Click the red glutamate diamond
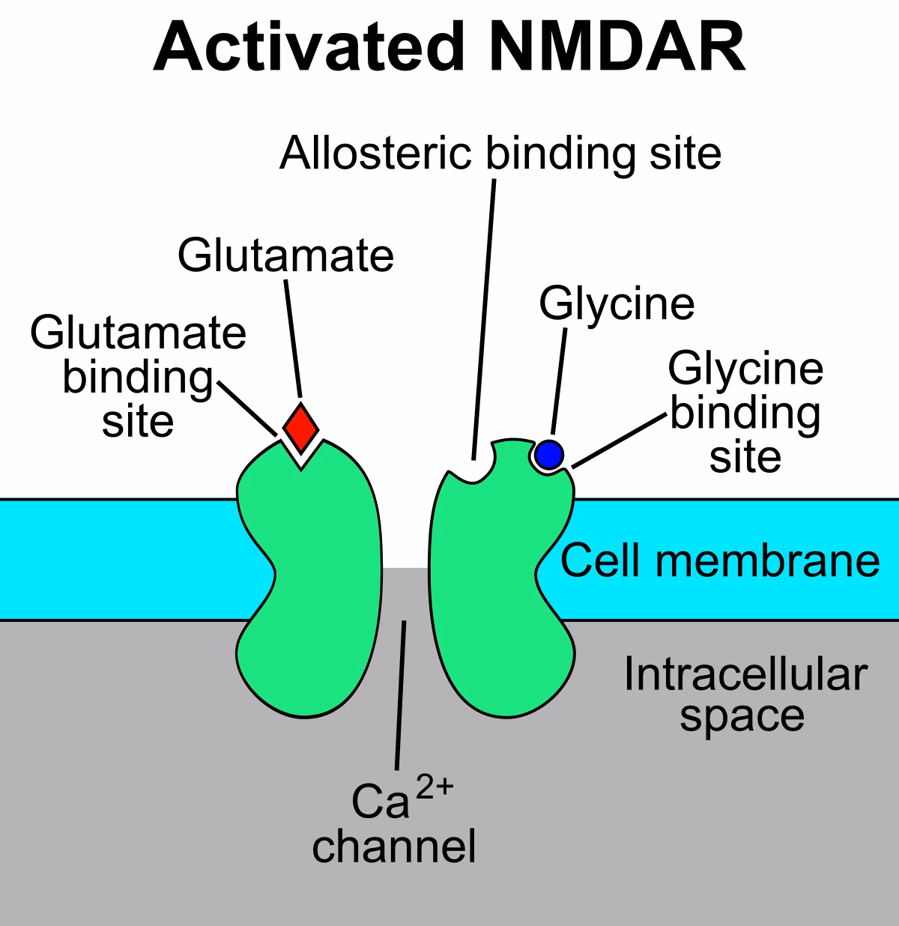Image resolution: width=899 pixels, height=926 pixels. click(x=300, y=427)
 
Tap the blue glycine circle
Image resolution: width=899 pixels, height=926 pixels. click(x=549, y=454)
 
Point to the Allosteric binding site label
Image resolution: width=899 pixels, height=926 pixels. click(x=500, y=153)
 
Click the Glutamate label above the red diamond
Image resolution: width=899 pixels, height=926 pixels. click(x=285, y=255)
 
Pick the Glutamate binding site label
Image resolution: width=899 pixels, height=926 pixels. click(x=138, y=377)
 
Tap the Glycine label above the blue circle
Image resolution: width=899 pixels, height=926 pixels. click(x=617, y=303)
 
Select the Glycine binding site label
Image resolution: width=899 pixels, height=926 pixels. click(x=745, y=412)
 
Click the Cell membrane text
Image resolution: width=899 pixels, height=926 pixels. click(x=720, y=560)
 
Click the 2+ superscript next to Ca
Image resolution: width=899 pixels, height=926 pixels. click(x=435, y=787)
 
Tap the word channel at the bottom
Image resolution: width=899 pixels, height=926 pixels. click(x=394, y=847)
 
